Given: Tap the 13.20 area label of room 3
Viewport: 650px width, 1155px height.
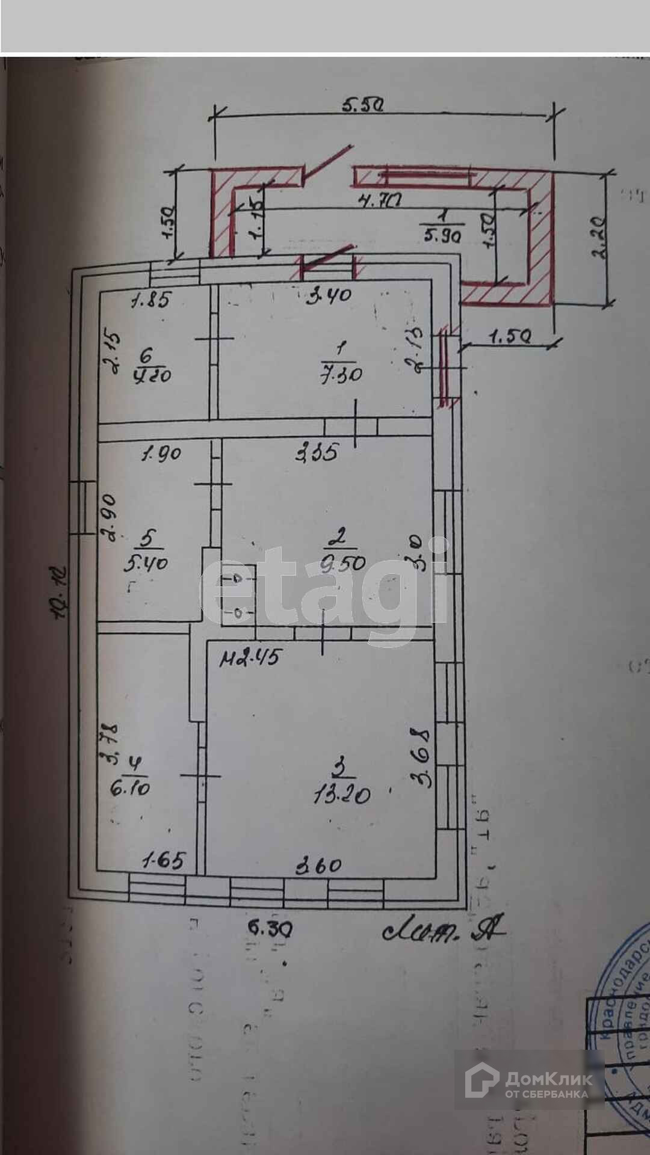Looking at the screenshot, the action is point(341,795).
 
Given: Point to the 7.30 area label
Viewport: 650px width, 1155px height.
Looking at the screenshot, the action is point(341,374).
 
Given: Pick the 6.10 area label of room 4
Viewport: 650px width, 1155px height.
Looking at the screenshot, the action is point(131,787).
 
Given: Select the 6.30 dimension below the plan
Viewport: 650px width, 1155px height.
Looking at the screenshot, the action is point(270,929).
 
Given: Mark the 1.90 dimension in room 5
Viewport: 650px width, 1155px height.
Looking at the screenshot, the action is point(161,452).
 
